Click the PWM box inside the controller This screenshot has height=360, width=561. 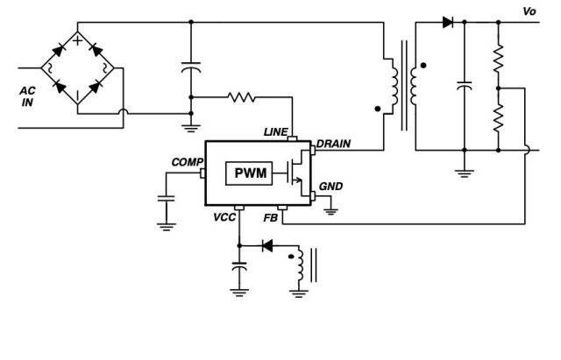pyautogui.click(x=250, y=173)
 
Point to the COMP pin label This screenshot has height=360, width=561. pyautogui.click(x=187, y=162)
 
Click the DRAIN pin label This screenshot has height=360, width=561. pyautogui.click(x=334, y=143)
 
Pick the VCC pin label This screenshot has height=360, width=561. pyautogui.click(x=224, y=216)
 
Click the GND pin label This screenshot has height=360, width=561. pyautogui.click(x=330, y=187)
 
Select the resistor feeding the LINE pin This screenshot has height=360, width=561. pyautogui.click(x=243, y=97)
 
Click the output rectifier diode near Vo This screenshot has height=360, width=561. pyautogui.click(x=449, y=22)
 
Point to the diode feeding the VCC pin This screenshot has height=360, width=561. pyautogui.click(x=268, y=245)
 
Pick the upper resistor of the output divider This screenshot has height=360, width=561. pyautogui.click(x=498, y=60)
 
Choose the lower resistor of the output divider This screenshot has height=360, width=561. pyautogui.click(x=498, y=115)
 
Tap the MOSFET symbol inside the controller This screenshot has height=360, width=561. pyautogui.click(x=298, y=173)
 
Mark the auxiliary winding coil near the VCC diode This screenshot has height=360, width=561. pyautogui.click(x=300, y=265)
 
